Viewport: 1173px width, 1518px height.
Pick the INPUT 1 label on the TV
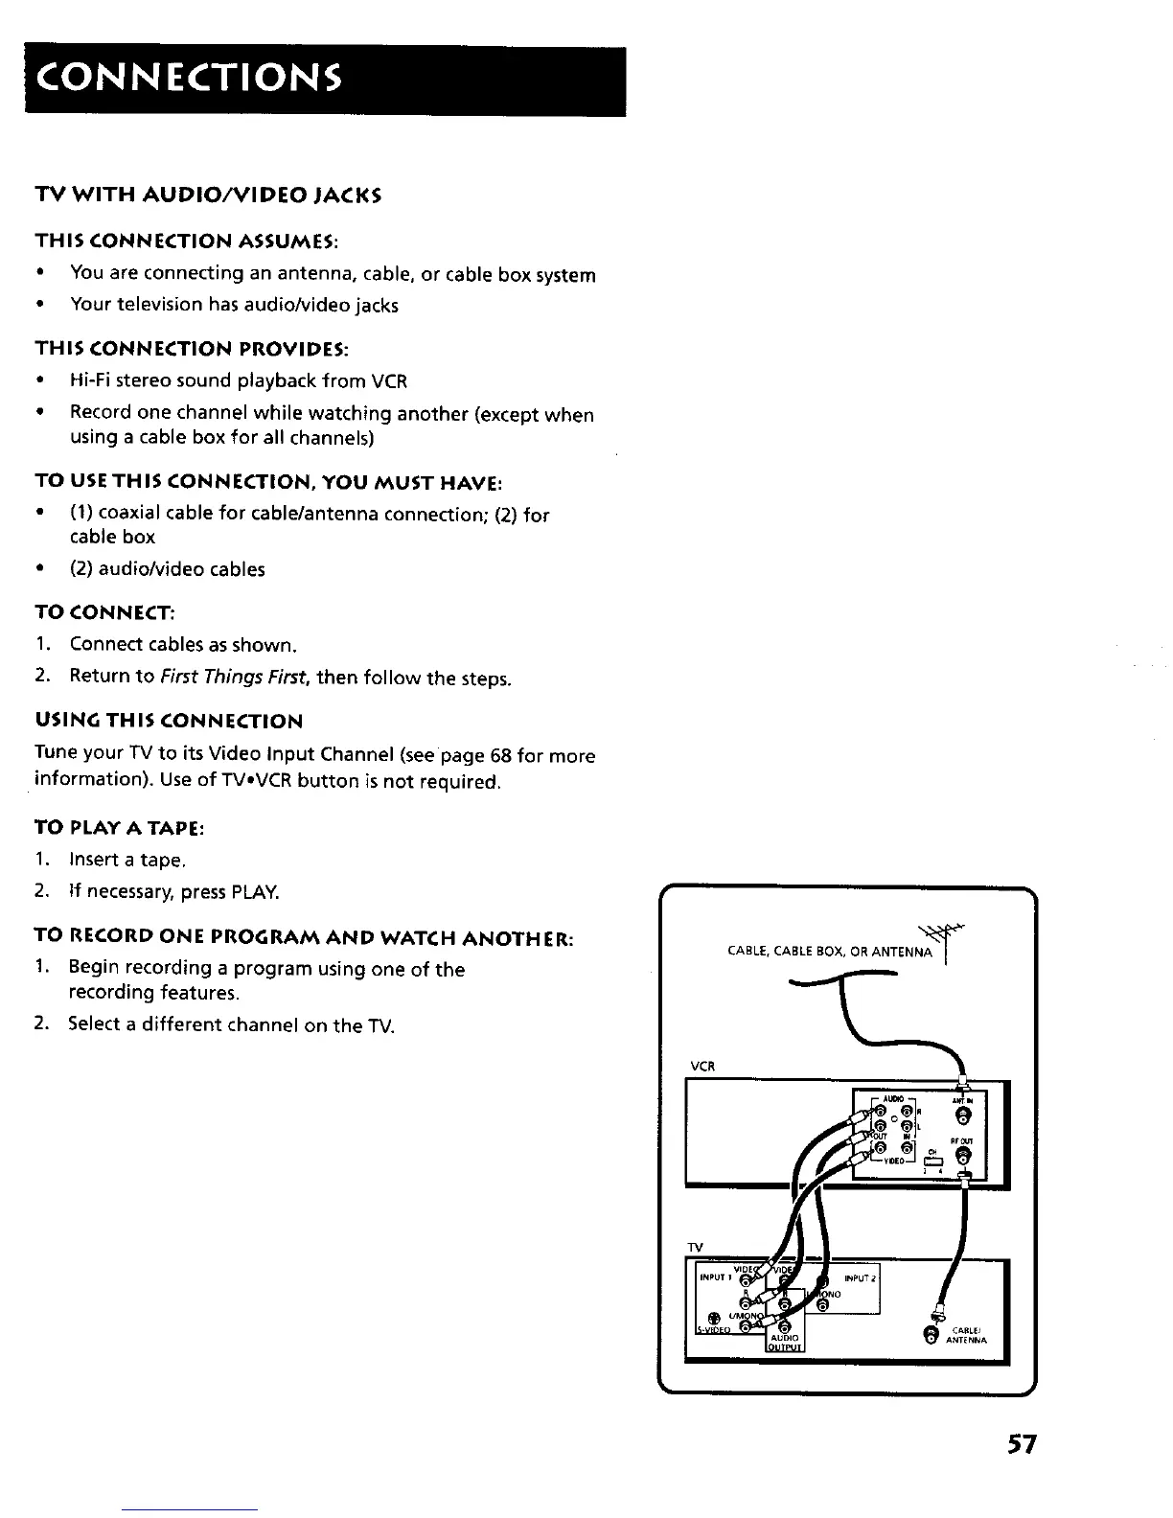714,1277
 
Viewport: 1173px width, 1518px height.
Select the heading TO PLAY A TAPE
120,828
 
